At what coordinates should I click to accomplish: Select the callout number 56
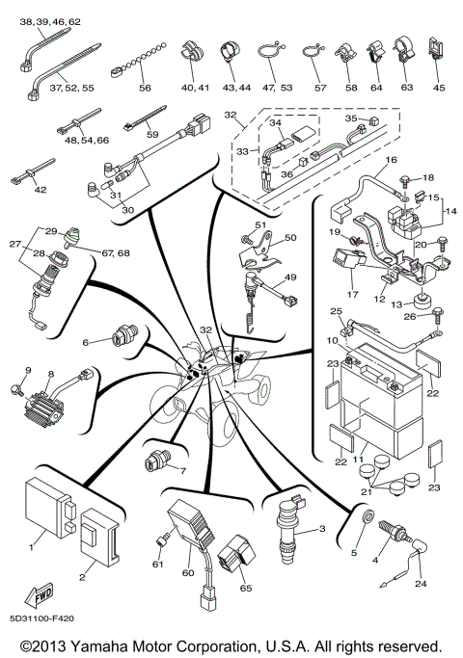[145, 87]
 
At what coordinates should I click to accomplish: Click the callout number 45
[440, 88]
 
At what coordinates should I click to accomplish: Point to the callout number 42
[40, 190]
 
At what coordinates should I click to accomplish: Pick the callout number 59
[151, 134]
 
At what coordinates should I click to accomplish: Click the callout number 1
[32, 547]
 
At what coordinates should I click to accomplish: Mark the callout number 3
[322, 529]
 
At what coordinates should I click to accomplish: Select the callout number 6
[86, 341]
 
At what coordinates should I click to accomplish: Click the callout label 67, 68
[100, 252]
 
